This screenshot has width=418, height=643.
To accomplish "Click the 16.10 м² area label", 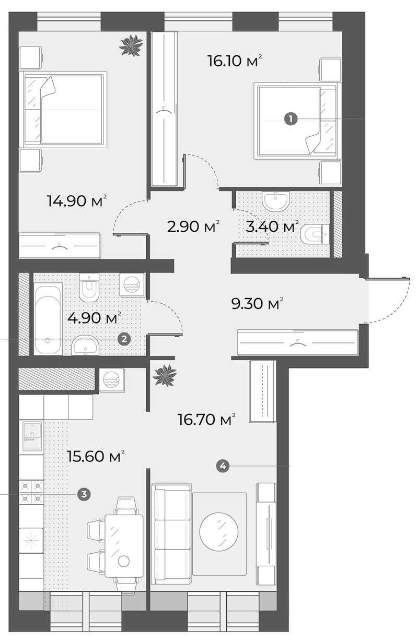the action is click(235, 61).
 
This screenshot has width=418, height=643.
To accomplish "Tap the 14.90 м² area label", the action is click(77, 200).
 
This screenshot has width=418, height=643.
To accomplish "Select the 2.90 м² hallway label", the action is click(193, 227).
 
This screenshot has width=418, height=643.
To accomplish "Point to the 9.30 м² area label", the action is click(258, 303).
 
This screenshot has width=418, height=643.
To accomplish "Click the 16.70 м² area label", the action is click(206, 420).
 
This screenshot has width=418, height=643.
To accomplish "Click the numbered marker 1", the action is click(291, 118).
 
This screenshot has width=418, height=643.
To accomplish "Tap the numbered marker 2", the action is click(124, 339).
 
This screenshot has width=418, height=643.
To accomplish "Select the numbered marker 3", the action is click(84, 494).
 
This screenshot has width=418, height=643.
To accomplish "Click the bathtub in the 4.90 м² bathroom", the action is click(48, 319).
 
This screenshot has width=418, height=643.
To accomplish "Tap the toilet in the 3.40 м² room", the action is click(315, 234).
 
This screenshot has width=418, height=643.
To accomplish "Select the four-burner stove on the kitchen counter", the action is click(31, 492).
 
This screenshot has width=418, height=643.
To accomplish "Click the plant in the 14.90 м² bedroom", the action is click(131, 45).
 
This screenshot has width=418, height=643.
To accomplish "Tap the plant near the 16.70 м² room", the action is click(165, 375).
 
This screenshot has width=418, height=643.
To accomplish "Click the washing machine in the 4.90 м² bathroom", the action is click(132, 285).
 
